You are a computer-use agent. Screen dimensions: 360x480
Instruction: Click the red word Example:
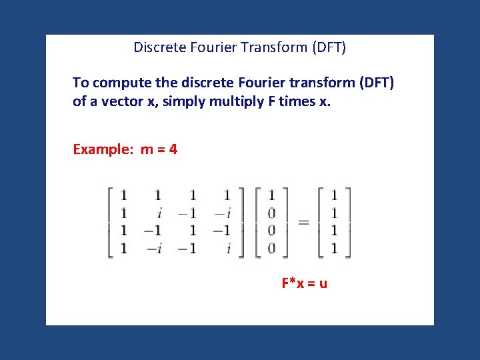tap(103, 149)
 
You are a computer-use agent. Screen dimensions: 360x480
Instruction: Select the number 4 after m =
tap(173, 149)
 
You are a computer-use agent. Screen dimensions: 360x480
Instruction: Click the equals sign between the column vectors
tap(303, 223)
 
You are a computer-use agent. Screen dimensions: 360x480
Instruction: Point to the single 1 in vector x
tap(271, 195)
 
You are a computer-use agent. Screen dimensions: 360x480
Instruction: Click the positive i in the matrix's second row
tap(159, 213)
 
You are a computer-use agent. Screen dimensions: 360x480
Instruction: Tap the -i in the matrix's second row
tap(223, 213)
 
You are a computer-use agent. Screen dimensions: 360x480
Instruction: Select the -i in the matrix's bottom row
tap(154, 249)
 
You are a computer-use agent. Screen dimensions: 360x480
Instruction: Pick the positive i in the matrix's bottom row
tap(228, 249)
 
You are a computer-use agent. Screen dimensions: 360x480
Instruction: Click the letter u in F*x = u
tap(323, 283)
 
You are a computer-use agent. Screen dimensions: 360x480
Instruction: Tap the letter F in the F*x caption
tap(285, 283)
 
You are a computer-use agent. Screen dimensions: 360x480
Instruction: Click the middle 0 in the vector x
tap(271, 231)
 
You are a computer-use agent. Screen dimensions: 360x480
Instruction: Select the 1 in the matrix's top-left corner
tap(124, 195)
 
